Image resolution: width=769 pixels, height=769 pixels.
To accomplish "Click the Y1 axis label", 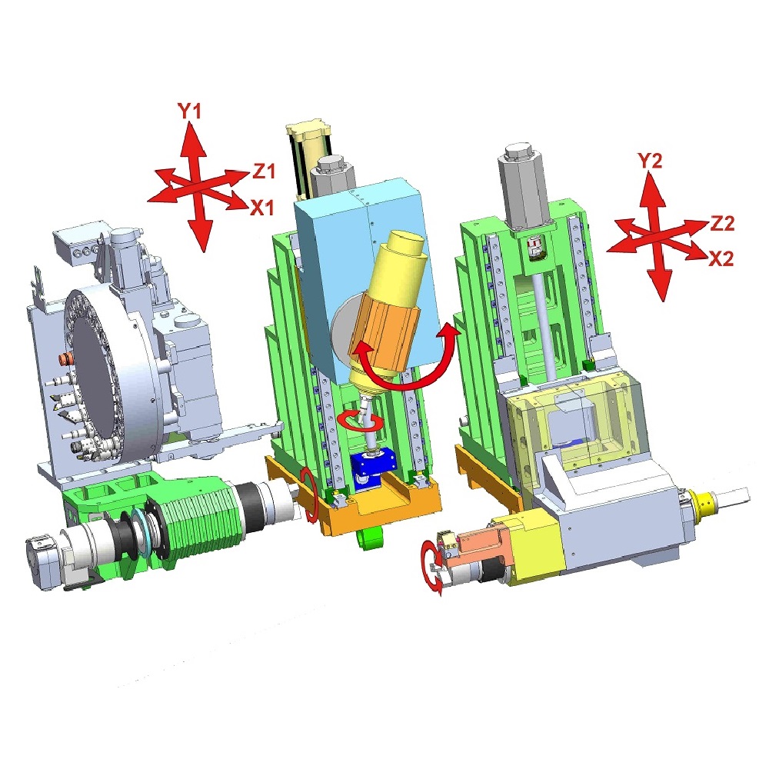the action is pos(189,112).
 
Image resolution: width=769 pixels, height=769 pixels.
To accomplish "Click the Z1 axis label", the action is pos(264,171).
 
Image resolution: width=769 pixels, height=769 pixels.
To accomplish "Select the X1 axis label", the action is pos(262,208).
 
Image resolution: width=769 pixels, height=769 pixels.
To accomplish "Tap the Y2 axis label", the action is pos(650,161).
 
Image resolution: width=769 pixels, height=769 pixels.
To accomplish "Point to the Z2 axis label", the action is pos(722,224).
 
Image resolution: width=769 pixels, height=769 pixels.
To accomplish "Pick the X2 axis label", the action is pos(721,258).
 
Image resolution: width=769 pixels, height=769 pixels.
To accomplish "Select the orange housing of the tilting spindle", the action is pos(382,334).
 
